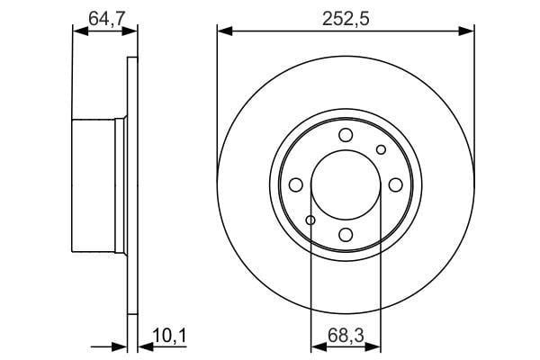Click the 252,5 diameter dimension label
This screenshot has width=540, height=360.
point(346,19)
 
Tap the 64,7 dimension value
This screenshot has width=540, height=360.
point(105,19)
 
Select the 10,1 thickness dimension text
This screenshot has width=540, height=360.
point(169,336)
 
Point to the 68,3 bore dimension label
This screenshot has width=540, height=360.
point(346,336)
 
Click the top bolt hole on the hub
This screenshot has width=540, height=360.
point(346,135)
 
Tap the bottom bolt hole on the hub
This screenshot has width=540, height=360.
point(346,235)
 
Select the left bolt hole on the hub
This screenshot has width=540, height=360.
point(295,185)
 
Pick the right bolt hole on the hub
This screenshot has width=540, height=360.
point(396,185)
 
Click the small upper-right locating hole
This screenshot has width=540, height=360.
point(381,149)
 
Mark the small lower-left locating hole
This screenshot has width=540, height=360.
point(310,220)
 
